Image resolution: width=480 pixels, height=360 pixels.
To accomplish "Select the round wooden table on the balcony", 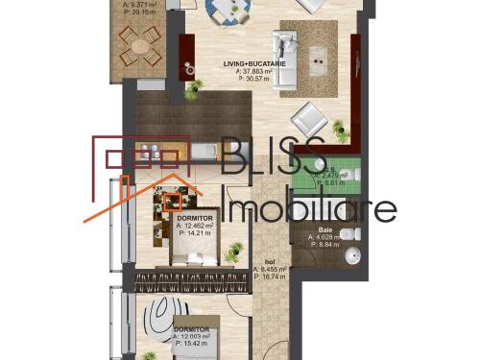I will (141, 40).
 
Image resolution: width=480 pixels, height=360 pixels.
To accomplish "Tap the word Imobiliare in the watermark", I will (308, 208).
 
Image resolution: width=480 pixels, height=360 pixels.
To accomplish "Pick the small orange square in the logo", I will (174, 201).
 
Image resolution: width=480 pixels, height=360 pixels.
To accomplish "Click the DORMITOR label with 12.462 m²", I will (195, 218).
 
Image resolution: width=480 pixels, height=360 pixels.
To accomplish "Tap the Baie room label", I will (326, 229).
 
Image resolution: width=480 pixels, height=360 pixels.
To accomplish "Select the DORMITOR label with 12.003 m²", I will (192, 329).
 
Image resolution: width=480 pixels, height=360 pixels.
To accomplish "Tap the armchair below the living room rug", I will (309, 119).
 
